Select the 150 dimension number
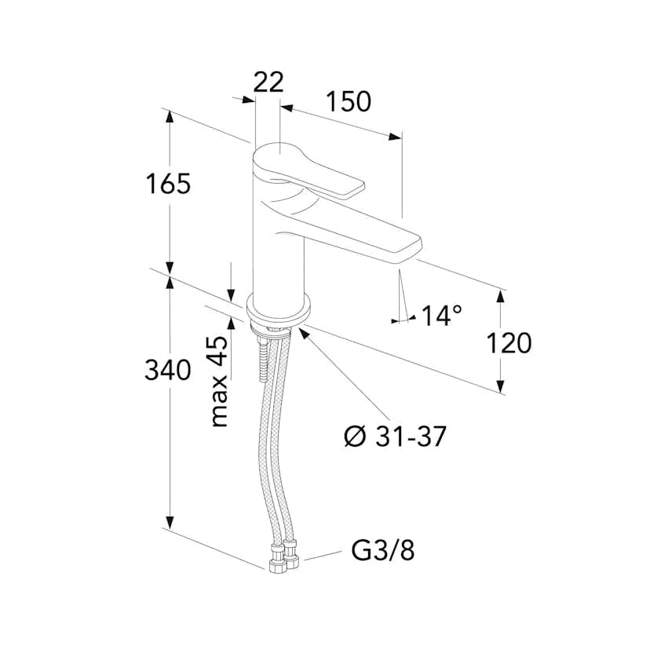(349, 101)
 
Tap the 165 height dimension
(168, 184)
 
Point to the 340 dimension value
(168, 370)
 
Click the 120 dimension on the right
(508, 343)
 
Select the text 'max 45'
(219, 381)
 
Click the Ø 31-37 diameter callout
(395, 436)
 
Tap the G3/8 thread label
(382, 550)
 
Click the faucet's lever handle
(308, 170)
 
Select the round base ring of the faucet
(279, 310)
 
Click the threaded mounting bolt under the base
(263, 360)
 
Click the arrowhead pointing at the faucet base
(304, 333)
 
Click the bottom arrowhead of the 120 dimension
(501, 386)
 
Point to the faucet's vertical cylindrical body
(278, 249)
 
